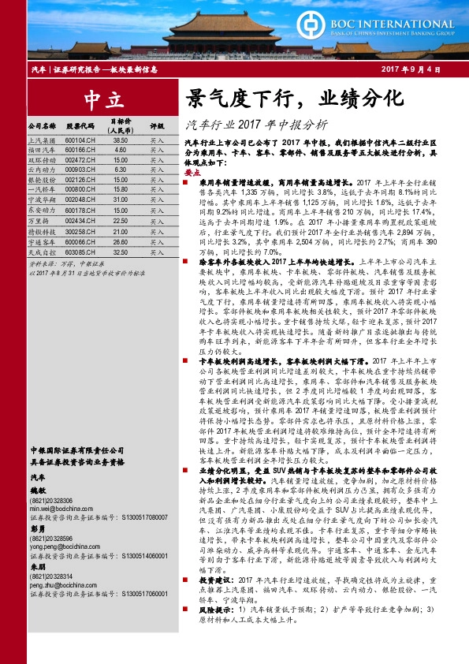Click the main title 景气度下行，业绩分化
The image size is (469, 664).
tap(294, 99)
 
